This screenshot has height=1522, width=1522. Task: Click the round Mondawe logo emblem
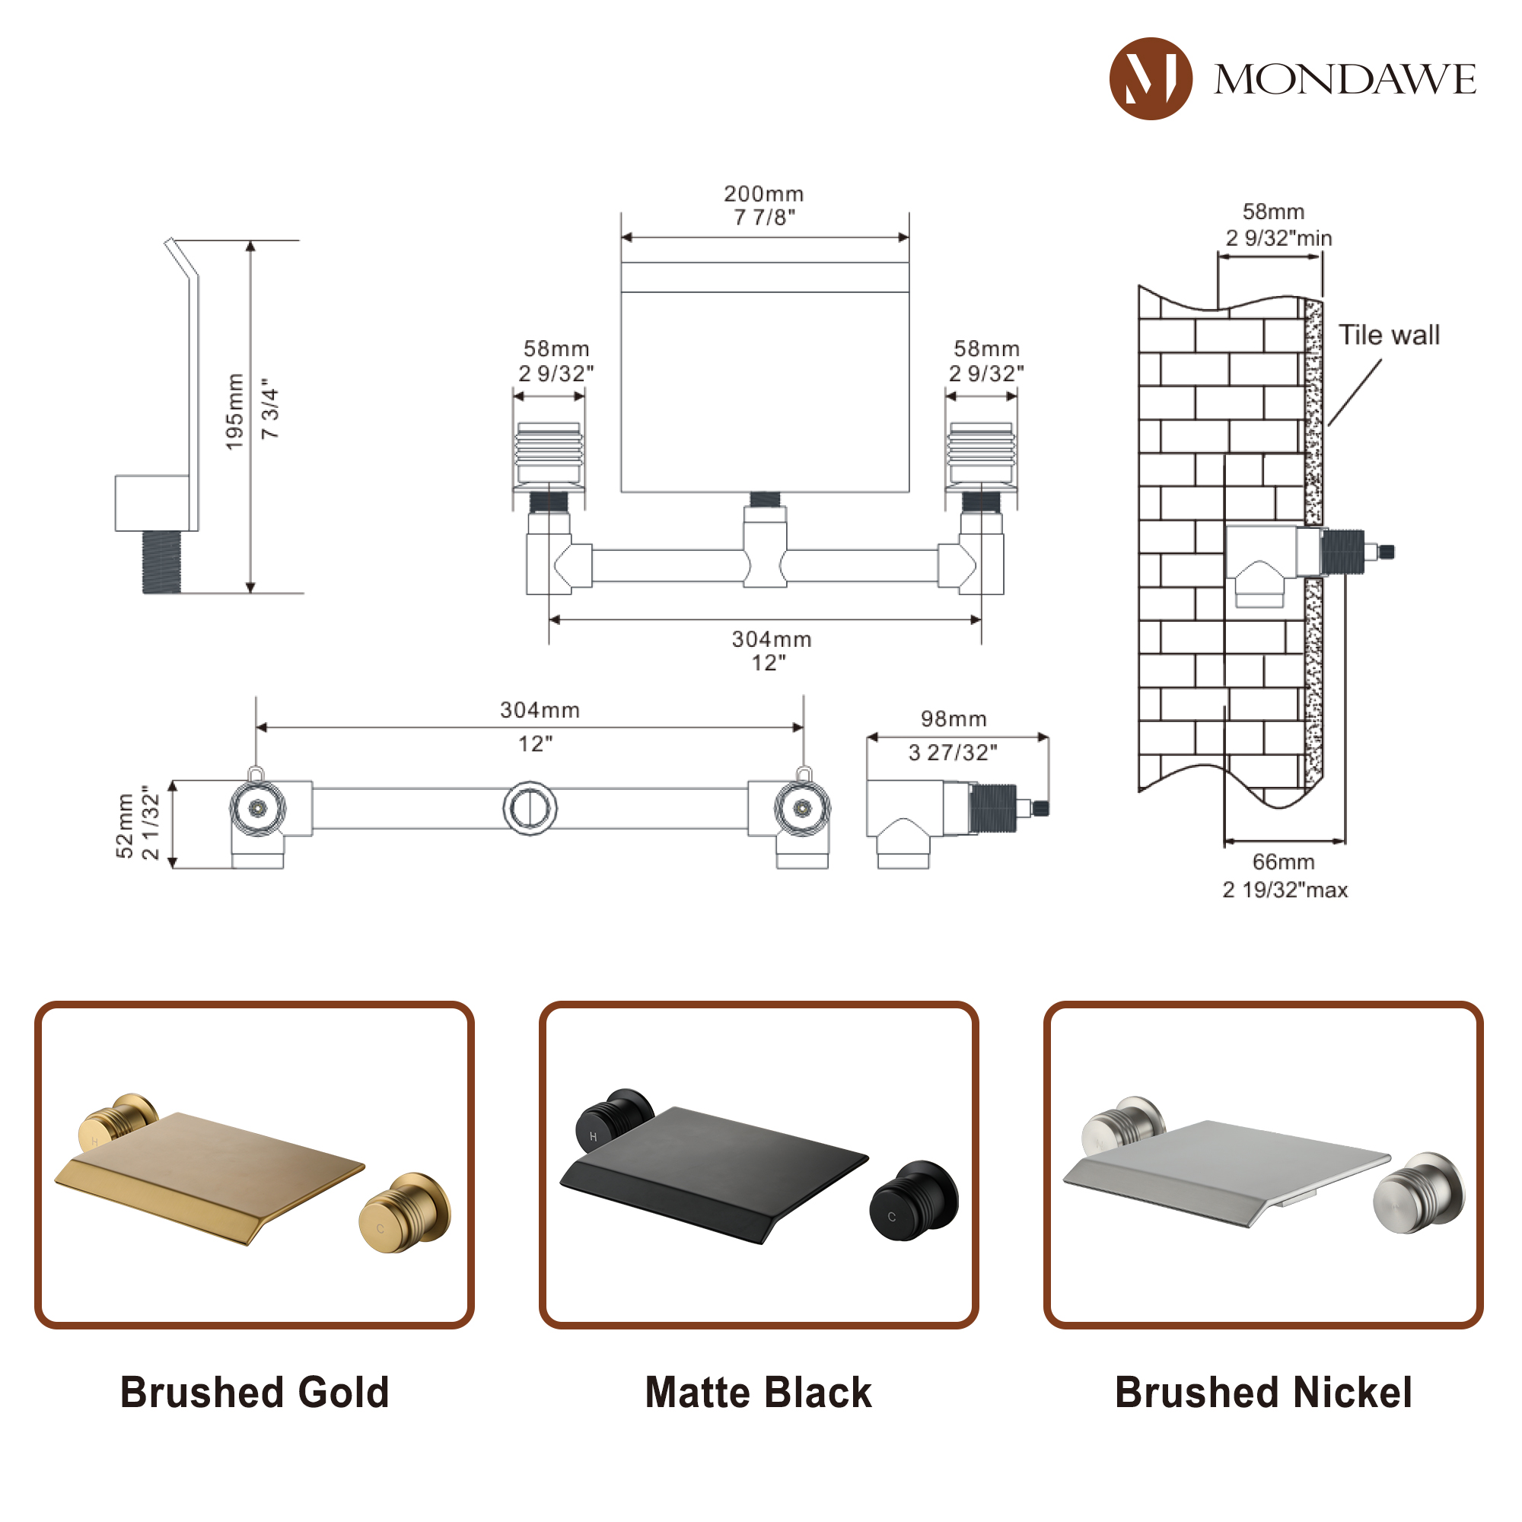point(1149,79)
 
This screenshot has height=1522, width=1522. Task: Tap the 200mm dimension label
point(763,194)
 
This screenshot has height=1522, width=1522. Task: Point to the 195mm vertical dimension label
point(234,412)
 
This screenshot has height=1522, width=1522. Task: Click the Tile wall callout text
point(1389,335)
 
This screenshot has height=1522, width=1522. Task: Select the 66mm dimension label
point(1283,862)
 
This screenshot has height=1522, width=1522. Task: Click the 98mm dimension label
point(954,718)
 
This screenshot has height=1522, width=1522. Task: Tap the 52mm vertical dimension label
point(125,825)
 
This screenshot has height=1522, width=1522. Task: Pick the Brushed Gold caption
point(254,1393)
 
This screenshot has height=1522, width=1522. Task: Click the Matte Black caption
point(758,1393)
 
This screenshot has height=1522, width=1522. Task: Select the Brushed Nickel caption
point(1262,1393)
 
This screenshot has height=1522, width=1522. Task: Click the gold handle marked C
point(403,1214)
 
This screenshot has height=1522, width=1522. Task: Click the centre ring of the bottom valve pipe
point(530,808)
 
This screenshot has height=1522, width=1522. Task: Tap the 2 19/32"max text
point(1285,890)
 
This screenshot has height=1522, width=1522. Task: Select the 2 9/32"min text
point(1278,238)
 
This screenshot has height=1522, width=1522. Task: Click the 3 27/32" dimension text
point(953,753)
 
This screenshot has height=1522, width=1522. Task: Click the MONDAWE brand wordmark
point(1345,80)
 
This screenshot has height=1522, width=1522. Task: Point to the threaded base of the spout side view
point(161,562)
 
